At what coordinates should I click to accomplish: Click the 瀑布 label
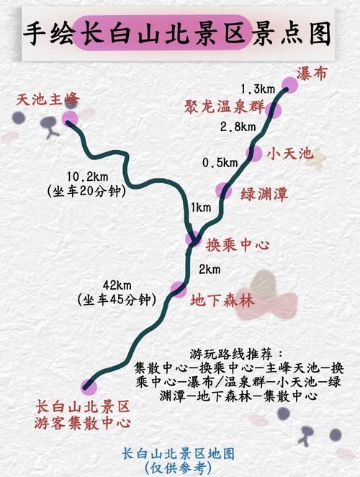[x=316, y=73]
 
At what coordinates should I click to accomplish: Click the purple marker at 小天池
[x=254, y=153]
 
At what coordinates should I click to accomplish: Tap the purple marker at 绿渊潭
[x=225, y=190]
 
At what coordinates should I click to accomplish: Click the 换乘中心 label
[x=238, y=245]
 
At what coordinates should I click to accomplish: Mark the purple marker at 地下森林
[x=178, y=289]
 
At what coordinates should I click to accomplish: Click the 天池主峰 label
[x=48, y=99]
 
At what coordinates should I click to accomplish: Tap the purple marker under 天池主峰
[x=70, y=119]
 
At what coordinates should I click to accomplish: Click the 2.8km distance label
[x=238, y=127]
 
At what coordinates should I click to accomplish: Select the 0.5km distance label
[x=220, y=163]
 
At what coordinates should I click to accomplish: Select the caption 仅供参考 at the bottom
[x=178, y=467]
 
